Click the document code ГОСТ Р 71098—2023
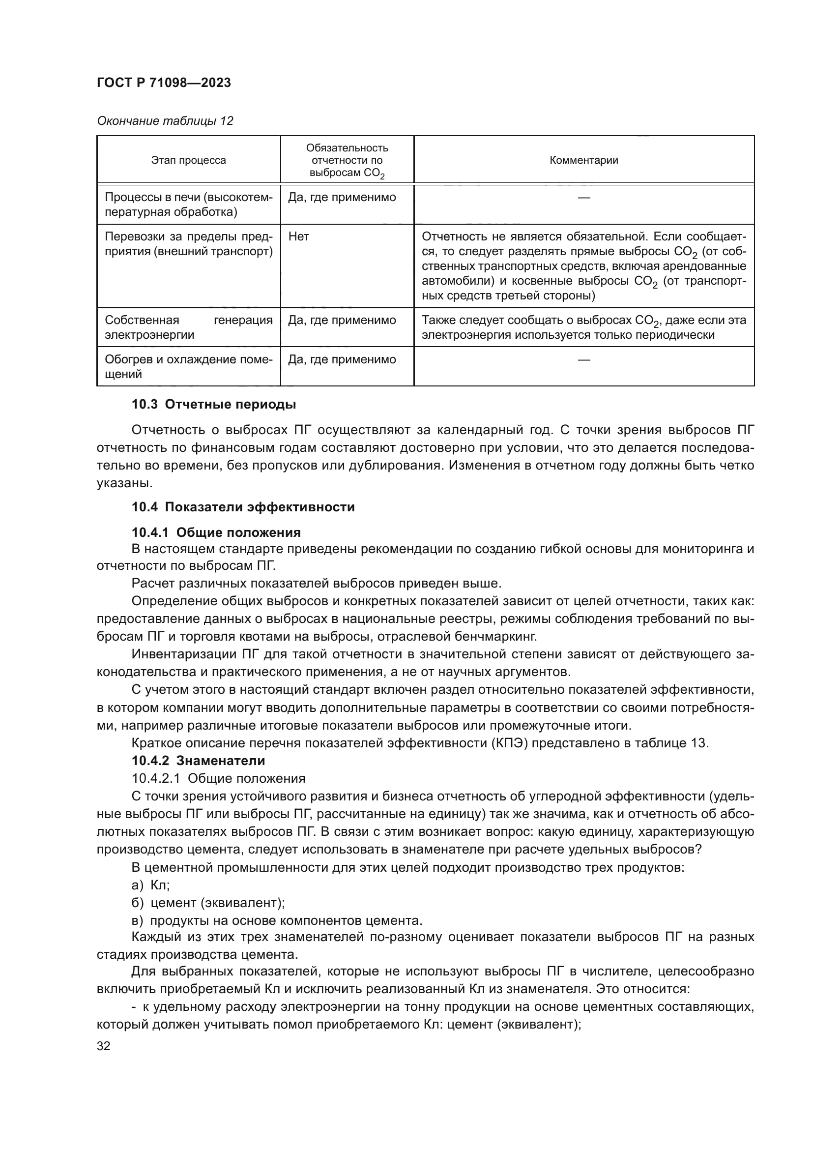(164, 83)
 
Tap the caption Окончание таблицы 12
(165, 121)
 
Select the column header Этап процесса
(188, 160)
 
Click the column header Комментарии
(584, 160)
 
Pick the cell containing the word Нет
(299, 237)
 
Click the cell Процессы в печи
(188, 205)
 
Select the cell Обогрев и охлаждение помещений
(188, 367)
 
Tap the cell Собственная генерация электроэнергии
(188, 327)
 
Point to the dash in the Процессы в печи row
(584, 198)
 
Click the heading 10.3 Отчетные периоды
(214, 404)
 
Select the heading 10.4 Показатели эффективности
(243, 507)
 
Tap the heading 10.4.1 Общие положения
(216, 532)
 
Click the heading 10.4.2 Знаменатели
(198, 760)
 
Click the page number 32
(104, 1046)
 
